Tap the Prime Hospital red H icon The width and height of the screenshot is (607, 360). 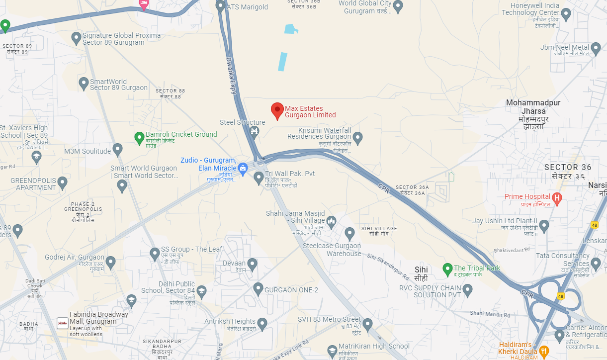(x=557, y=199)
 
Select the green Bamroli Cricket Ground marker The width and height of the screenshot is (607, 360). (x=139, y=138)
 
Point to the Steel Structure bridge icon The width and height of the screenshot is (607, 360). (x=255, y=131)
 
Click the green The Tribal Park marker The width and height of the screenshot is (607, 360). (x=447, y=269)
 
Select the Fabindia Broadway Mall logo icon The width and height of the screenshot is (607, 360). (x=63, y=323)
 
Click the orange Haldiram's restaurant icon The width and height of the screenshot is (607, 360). (x=544, y=351)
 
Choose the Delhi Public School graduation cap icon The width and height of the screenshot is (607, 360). (x=201, y=290)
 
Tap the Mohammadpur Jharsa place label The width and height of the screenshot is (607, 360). (x=533, y=114)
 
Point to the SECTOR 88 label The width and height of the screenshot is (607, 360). (x=170, y=93)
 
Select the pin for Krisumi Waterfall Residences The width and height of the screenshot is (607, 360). (x=357, y=137)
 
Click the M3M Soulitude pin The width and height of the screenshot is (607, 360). (x=118, y=149)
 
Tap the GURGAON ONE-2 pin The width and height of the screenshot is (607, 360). (x=258, y=288)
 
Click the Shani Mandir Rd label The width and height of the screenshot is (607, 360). (x=490, y=314)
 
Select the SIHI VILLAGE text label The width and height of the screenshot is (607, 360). (x=379, y=231)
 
